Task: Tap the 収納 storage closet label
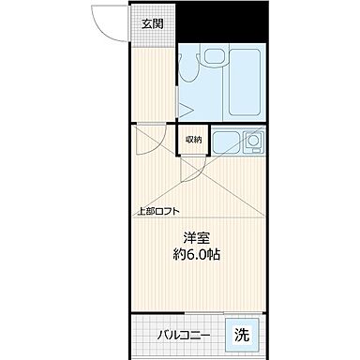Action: tap(193, 140)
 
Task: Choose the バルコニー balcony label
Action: tap(183, 335)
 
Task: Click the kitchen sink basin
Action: tap(228, 144)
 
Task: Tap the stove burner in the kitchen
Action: tap(252, 144)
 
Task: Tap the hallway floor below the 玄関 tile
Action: tap(151, 84)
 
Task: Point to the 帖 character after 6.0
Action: tap(215, 254)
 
